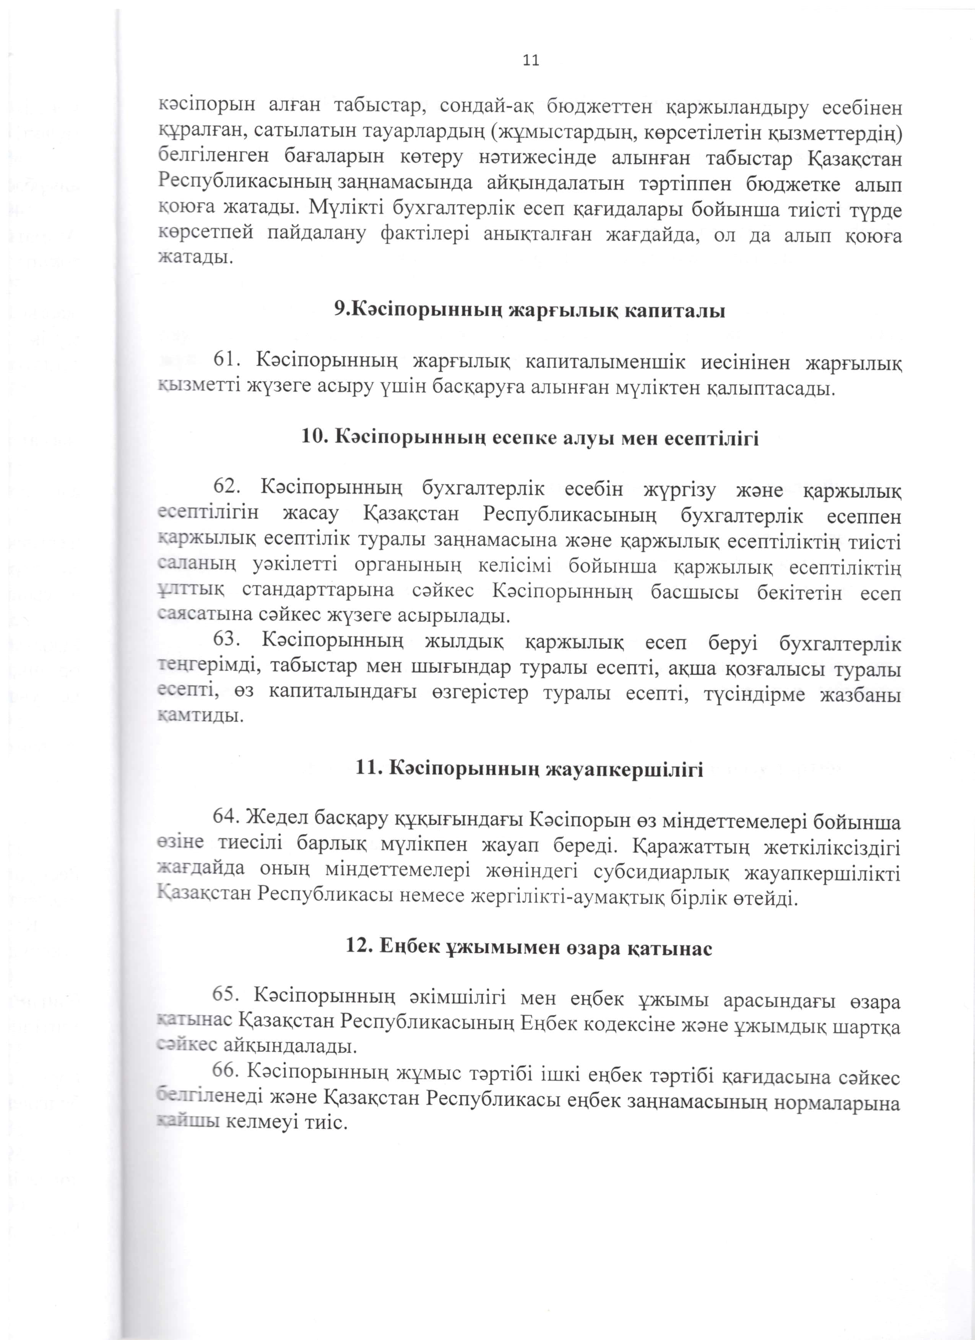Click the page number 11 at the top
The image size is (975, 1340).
coord(531,60)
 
